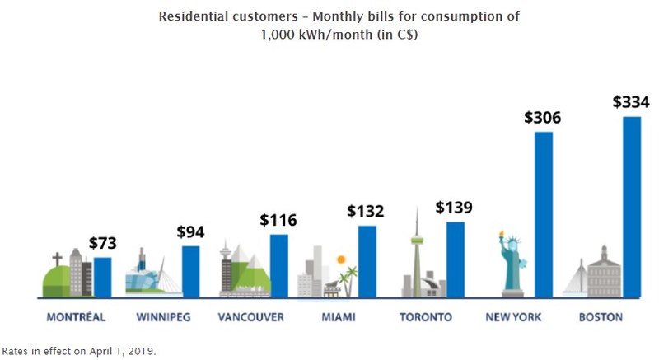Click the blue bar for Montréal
pyautogui.click(x=102, y=277)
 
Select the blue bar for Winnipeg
pyautogui.click(x=190, y=271)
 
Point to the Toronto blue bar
pyautogui.click(x=456, y=259)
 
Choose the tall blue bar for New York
pyautogui.click(x=544, y=213)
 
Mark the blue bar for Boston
pyautogui.click(x=632, y=206)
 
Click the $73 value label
pyautogui.click(x=102, y=243)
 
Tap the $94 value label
pyautogui.click(x=190, y=231)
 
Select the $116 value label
pyautogui.click(x=278, y=220)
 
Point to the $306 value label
pyautogui.click(x=543, y=117)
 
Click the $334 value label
pyautogui.click(x=631, y=102)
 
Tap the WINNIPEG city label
pyautogui.click(x=160, y=317)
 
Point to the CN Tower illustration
pyautogui.click(x=417, y=251)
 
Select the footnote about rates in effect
pyautogui.click(x=79, y=350)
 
